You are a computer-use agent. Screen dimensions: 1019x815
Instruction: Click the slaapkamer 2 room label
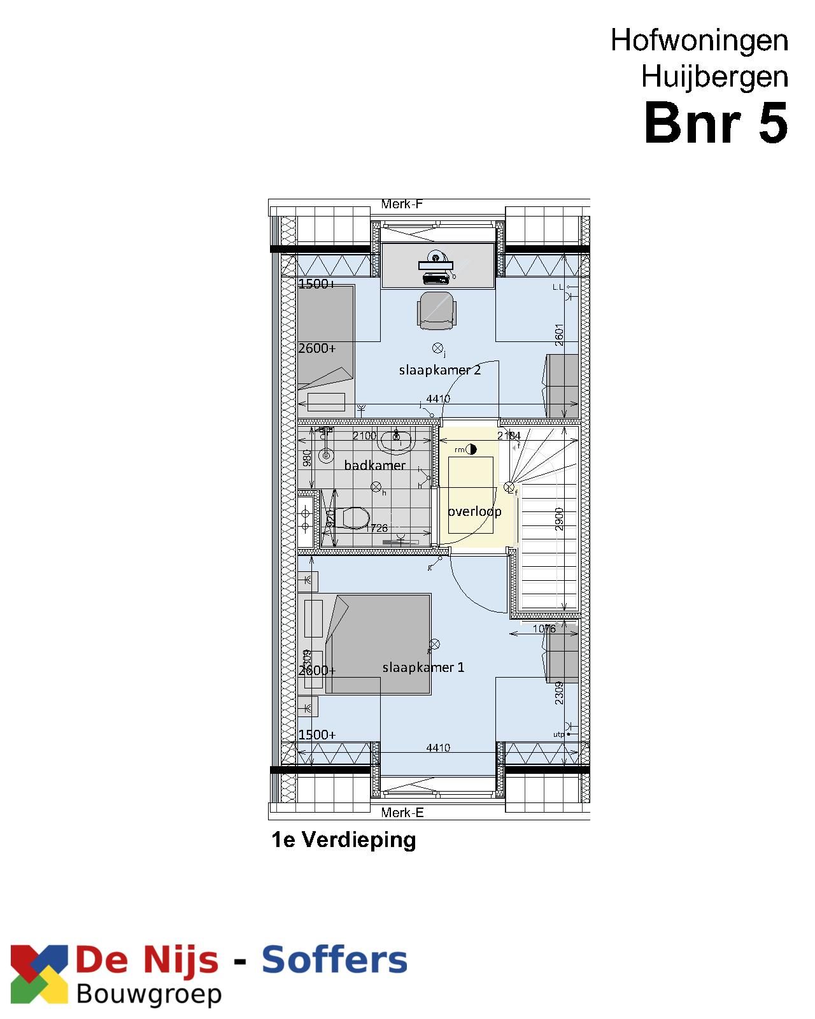pyautogui.click(x=439, y=370)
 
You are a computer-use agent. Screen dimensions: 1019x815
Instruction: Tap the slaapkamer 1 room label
pyautogui.click(x=423, y=667)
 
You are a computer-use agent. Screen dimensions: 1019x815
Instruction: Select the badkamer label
pyautogui.click(x=374, y=466)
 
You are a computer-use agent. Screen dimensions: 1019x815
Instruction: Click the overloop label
pyautogui.click(x=474, y=511)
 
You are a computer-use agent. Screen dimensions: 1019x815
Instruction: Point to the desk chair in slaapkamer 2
pyautogui.click(x=437, y=311)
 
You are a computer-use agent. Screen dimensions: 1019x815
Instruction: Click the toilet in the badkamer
pyautogui.click(x=352, y=518)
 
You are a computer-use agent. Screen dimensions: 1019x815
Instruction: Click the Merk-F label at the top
pyautogui.click(x=402, y=204)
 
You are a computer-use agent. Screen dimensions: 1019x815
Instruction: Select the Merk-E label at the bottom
pyautogui.click(x=402, y=813)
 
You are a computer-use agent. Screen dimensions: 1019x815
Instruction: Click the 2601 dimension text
pyautogui.click(x=559, y=335)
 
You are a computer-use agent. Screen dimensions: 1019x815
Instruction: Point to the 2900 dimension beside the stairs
pyautogui.click(x=559, y=519)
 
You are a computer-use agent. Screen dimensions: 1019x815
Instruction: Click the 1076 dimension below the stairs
pyautogui.click(x=544, y=629)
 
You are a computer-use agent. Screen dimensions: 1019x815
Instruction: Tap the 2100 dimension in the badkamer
pyautogui.click(x=364, y=436)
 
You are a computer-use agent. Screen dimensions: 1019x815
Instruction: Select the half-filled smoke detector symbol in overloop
pyautogui.click(x=471, y=449)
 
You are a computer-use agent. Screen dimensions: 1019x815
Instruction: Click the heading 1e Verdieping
pyautogui.click(x=344, y=839)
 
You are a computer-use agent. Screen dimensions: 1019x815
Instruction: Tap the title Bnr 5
pyautogui.click(x=716, y=123)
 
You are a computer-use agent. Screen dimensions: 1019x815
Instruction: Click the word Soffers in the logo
pyautogui.click(x=334, y=960)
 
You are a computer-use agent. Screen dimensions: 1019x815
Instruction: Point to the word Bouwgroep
pyautogui.click(x=149, y=994)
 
